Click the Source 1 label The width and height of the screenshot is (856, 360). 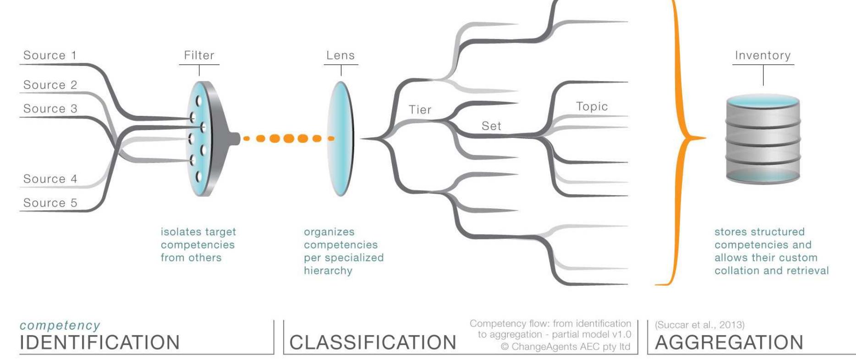(50, 55)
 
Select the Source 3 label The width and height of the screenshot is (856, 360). (50, 109)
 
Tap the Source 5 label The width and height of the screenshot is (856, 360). (50, 203)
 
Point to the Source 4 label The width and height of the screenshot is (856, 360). (50, 179)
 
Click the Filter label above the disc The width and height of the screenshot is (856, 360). (199, 55)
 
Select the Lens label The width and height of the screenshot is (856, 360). (340, 55)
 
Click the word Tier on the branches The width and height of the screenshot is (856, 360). (420, 110)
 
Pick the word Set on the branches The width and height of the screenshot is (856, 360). (491, 126)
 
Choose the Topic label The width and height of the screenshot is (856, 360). (592, 107)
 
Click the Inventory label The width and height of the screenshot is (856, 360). (763, 55)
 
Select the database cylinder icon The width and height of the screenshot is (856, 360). (763, 140)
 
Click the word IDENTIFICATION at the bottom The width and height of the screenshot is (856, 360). (99, 343)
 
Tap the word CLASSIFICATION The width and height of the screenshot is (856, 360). (373, 343)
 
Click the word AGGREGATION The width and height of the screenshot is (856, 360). (729, 343)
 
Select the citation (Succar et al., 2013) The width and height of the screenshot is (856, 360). (699, 325)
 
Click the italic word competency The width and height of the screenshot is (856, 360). (60, 326)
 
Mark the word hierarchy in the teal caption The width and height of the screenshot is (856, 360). (328, 271)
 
